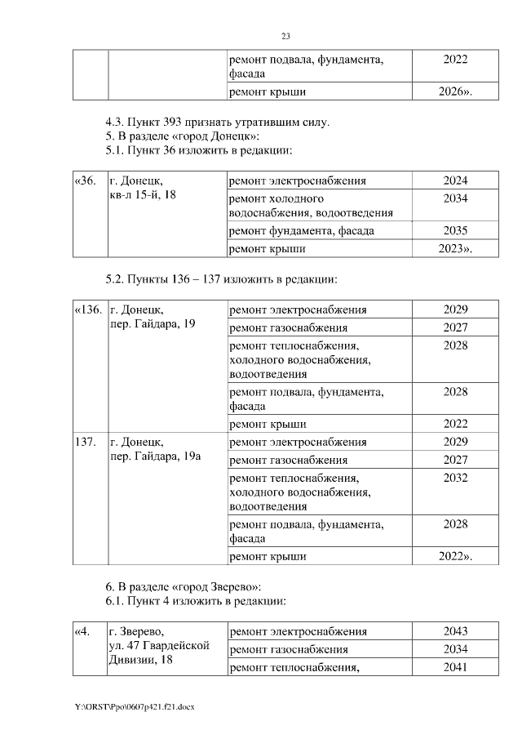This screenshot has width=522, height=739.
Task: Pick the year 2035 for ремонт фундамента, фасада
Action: click(x=455, y=231)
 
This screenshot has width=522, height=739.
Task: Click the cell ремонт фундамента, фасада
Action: click(x=302, y=231)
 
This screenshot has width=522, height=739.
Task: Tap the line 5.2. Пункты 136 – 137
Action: click(x=221, y=279)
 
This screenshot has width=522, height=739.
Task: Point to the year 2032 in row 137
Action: click(x=455, y=478)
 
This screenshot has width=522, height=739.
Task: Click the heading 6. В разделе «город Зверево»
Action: click(x=183, y=587)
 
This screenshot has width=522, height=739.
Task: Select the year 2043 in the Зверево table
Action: click(x=455, y=631)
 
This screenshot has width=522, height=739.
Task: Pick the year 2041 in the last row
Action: click(x=455, y=667)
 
